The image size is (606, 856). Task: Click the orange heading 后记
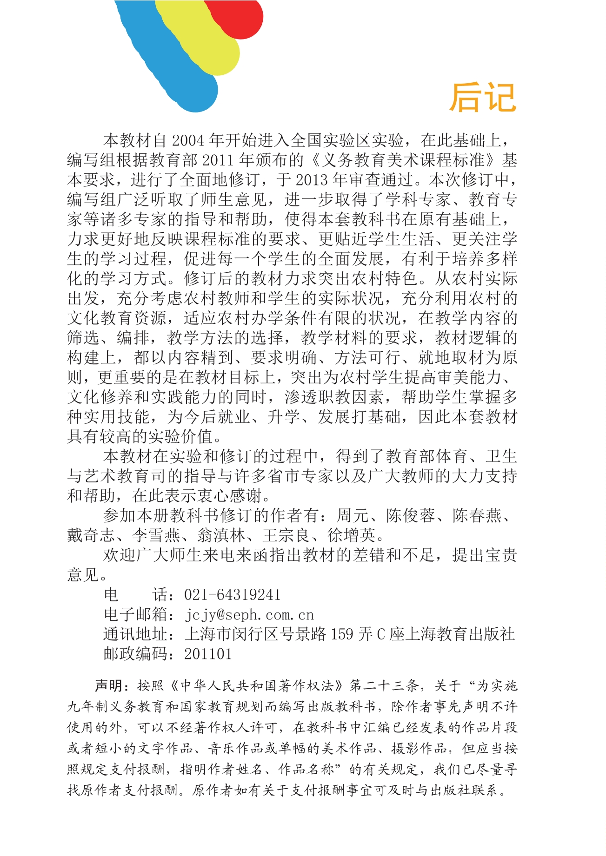point(483,98)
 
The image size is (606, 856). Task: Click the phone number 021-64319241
point(233,594)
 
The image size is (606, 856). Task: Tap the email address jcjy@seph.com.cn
point(249,614)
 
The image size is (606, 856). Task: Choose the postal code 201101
point(208,654)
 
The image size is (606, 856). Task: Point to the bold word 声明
point(108,685)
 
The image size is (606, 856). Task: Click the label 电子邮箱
point(135,614)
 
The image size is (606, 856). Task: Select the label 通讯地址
point(135,634)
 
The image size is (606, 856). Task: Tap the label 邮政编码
point(135,654)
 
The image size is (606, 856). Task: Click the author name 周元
point(353,515)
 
